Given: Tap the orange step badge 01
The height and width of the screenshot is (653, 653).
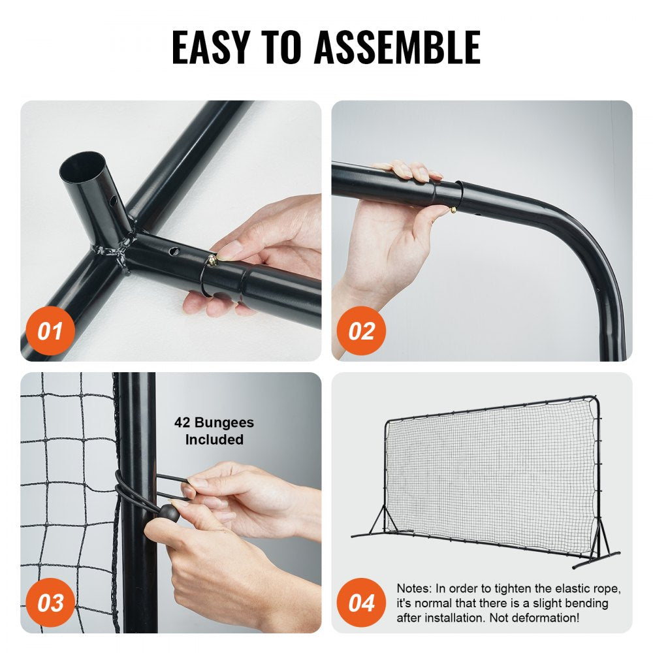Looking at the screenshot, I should pyautogui.click(x=49, y=331).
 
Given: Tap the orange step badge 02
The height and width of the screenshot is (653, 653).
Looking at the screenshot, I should pyautogui.click(x=361, y=331).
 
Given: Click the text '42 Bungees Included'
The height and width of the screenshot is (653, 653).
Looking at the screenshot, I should pyautogui.click(x=214, y=431).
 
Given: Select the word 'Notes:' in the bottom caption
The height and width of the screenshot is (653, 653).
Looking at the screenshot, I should pyautogui.click(x=416, y=589).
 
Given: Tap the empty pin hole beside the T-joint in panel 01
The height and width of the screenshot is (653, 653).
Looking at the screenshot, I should pyautogui.click(x=176, y=250).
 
